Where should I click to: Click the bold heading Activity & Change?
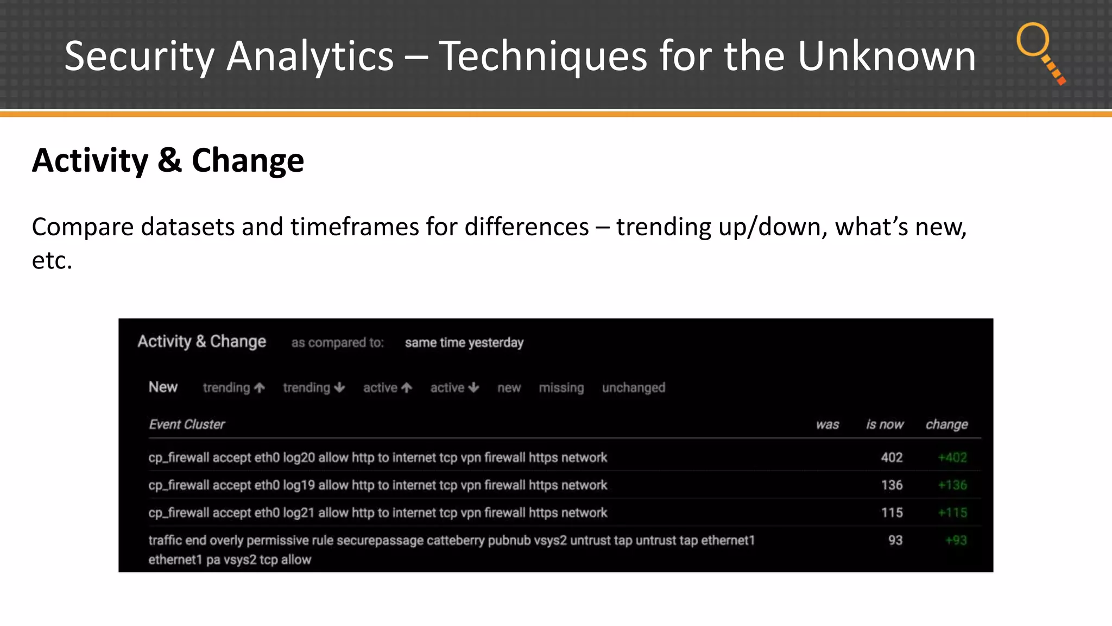coord(168,161)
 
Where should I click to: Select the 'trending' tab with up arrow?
coord(233,387)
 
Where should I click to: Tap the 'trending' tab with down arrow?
coord(314,387)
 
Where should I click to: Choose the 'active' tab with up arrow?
coord(388,387)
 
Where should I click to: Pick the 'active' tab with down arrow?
coord(454,387)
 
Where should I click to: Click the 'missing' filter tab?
coord(561,387)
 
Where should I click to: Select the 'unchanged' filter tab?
coord(633,387)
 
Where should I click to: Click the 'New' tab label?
coord(163,387)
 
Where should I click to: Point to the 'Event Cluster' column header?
coord(186,424)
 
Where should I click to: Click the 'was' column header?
coord(827,424)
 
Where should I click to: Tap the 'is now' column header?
coord(884,424)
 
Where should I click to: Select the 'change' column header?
coord(946,424)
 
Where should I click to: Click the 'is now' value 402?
coord(892,458)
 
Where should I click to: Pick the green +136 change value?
coord(952,485)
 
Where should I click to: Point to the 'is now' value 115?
coord(892,513)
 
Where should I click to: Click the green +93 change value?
coord(956,541)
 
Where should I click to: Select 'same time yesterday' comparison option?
coord(464,343)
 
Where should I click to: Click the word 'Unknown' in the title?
coord(886,56)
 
